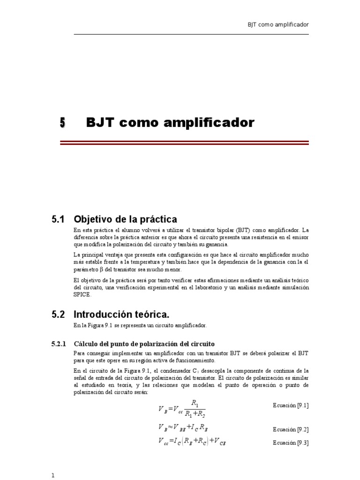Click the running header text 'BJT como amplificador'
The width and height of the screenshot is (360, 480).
pyautogui.click(x=278, y=25)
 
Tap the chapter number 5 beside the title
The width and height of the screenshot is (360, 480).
pyautogui.click(x=62, y=123)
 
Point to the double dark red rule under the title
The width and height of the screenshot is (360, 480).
pyautogui.click(x=184, y=143)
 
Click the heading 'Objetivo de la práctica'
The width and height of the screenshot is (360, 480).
pyautogui.click(x=126, y=219)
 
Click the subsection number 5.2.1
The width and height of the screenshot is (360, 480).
pyautogui.click(x=60, y=344)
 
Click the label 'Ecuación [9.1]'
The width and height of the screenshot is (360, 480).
pyautogui.click(x=291, y=405)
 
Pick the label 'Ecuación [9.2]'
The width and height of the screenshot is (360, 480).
pyautogui.click(x=291, y=429)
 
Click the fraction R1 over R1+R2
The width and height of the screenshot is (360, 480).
pyautogui.click(x=195, y=409)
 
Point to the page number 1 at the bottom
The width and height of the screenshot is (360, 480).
pyautogui.click(x=53, y=475)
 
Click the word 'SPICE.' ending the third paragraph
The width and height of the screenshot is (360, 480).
pyautogui.click(x=82, y=295)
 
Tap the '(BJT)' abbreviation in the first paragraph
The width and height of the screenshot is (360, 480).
pyautogui.click(x=243, y=231)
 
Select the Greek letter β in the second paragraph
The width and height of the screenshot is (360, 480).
pyautogui.click(x=101, y=270)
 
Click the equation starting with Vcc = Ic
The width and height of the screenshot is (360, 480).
pyautogui.click(x=193, y=442)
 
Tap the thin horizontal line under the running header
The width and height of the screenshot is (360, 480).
pyautogui.click(x=191, y=34)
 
